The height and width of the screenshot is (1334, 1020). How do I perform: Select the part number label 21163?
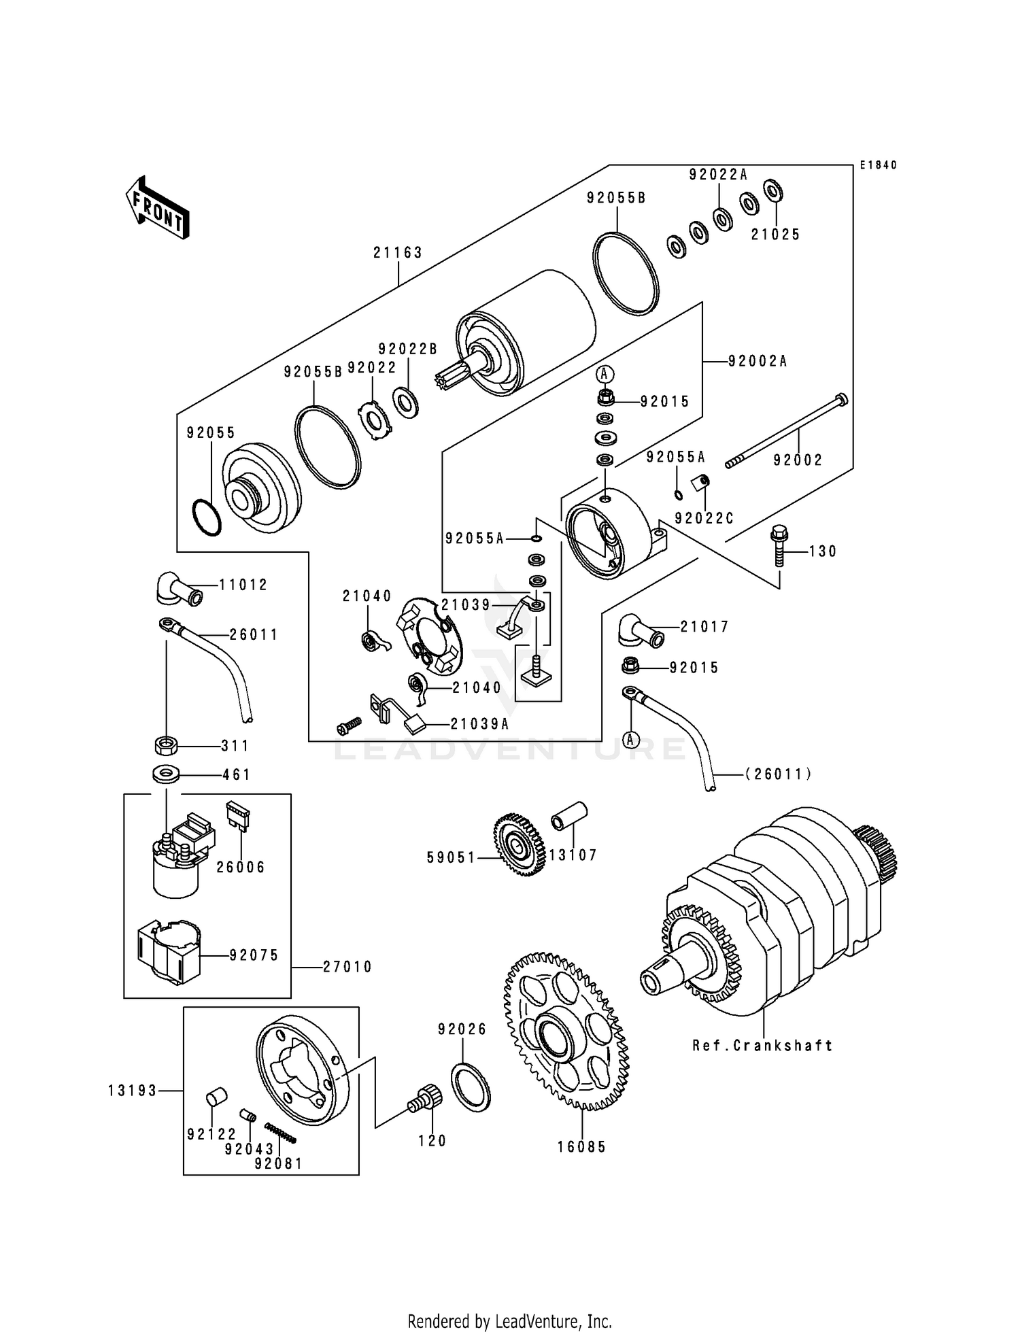coord(398,253)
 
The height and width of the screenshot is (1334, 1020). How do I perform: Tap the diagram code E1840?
coord(878,165)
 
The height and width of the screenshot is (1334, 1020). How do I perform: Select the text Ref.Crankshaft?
coord(762,1046)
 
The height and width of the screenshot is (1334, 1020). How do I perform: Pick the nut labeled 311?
coord(166,746)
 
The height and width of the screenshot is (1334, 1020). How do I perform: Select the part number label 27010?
coord(347,967)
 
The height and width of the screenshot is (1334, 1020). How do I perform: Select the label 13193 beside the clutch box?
coord(132,1091)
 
